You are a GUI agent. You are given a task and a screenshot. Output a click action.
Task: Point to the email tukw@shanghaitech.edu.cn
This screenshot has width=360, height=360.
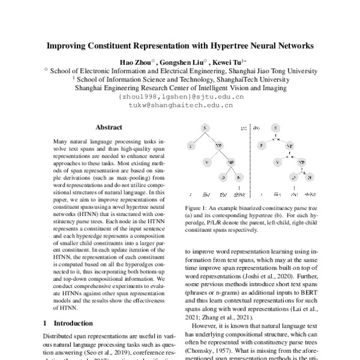click(181, 104)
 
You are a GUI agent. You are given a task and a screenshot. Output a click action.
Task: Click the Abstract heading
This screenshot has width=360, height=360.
click(109, 127)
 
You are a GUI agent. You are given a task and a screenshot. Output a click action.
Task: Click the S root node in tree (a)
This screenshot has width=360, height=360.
click(204, 129)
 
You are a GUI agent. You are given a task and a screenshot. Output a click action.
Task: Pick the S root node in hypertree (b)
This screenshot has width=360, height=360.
click(274, 129)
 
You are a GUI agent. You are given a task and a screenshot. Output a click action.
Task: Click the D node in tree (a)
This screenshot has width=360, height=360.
click(221, 178)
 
